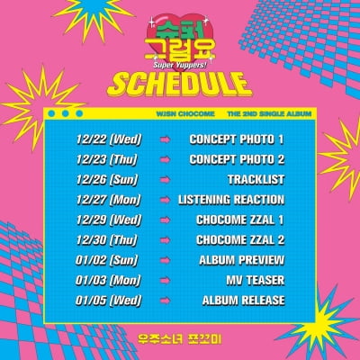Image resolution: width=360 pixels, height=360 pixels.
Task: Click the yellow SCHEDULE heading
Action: click(x=179, y=85)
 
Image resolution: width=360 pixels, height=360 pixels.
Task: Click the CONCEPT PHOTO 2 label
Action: click(x=237, y=160)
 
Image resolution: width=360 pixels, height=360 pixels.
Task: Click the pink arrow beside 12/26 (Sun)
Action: click(x=166, y=180)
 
